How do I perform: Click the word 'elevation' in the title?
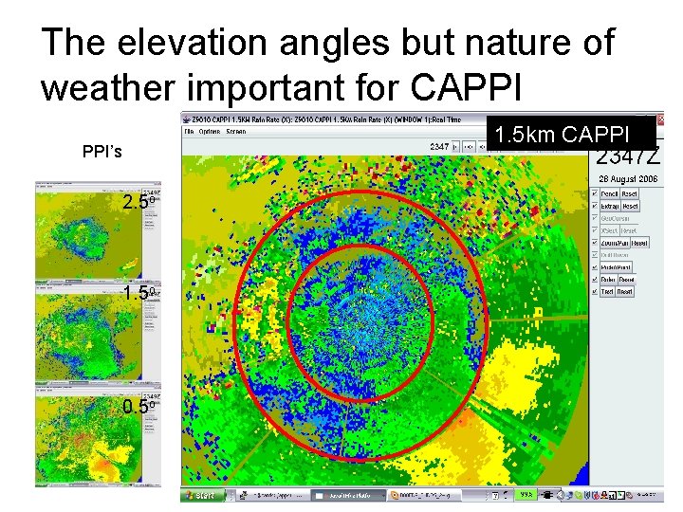(x=198, y=43)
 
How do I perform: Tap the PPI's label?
(x=102, y=151)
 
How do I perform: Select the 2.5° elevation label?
(x=138, y=203)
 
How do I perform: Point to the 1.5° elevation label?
(x=138, y=293)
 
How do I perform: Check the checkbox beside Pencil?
(x=594, y=193)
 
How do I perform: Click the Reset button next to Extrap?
(x=631, y=206)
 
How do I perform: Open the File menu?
(x=190, y=131)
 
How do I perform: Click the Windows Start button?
(x=201, y=495)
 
